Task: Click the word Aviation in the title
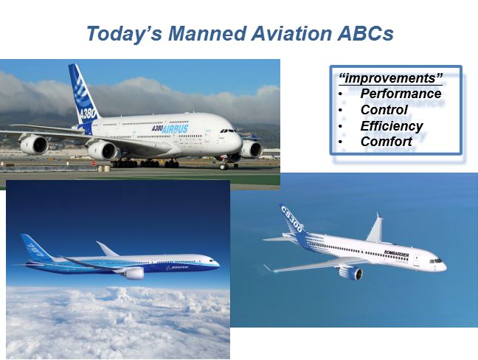291,33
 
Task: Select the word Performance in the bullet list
401,94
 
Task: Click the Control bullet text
384,110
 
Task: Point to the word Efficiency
392,126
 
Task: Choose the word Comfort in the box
387,142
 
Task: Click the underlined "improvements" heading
390,78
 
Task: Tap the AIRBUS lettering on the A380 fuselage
175,129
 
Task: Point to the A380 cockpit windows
229,131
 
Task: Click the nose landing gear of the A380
224,165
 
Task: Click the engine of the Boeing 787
134,273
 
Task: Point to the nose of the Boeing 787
217,263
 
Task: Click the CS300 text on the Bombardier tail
291,219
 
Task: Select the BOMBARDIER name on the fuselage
396,254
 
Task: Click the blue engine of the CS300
351,273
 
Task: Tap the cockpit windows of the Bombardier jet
436,261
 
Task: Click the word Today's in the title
125,33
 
